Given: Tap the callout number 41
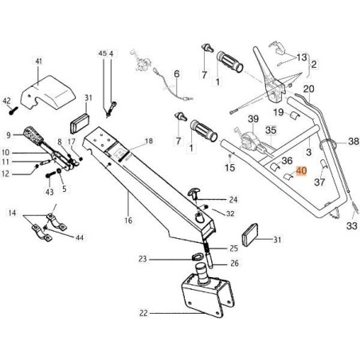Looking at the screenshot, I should click(x=38, y=60).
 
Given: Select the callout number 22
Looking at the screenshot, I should click(x=143, y=313).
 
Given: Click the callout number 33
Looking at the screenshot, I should click(x=352, y=226).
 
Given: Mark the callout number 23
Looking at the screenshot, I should click(x=142, y=258).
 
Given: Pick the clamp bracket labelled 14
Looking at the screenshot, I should click(x=44, y=228).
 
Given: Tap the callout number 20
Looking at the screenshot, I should click(x=309, y=89).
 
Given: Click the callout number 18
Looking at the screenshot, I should click(x=147, y=141).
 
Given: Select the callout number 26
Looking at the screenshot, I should click(x=234, y=264).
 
